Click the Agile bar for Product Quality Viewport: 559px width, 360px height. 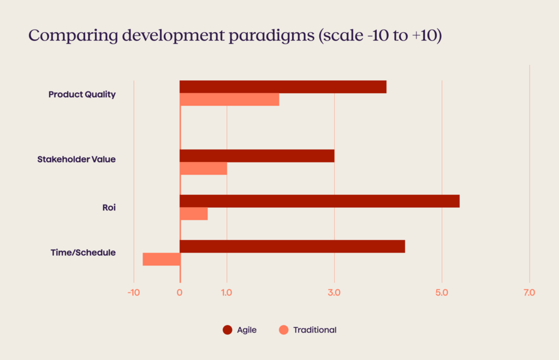[x=283, y=87]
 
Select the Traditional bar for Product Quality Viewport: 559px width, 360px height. [x=229, y=100]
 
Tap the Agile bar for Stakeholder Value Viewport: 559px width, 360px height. [x=257, y=156]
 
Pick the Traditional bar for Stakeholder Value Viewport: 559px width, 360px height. [x=203, y=169]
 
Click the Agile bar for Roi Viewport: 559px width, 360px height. [x=319, y=201]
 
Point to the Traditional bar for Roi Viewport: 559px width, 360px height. [x=194, y=214]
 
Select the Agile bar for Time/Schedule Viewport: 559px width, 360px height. [x=292, y=246]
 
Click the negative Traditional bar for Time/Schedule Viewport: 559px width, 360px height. [x=161, y=259]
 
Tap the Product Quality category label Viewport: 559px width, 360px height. [x=82, y=94]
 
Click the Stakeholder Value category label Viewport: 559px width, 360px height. [x=76, y=160]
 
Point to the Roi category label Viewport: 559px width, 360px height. [x=109, y=208]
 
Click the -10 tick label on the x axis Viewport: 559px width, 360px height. [x=134, y=293]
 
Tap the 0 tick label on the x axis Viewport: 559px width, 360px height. [x=180, y=293]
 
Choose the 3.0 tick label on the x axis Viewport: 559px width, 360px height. [x=334, y=293]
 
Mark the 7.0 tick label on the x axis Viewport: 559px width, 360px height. [x=529, y=293]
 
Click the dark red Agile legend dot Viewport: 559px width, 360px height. [x=228, y=330]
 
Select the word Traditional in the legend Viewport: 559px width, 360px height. [x=314, y=330]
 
